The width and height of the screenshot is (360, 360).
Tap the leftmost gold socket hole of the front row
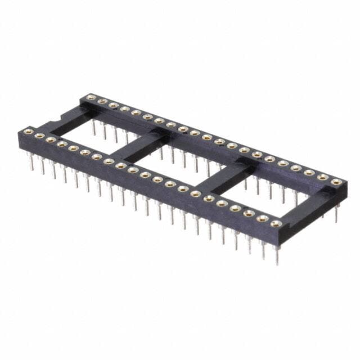28,132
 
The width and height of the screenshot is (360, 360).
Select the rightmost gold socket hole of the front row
276,223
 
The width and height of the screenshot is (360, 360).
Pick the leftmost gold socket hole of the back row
91,97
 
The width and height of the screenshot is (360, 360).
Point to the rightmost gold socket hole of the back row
336,182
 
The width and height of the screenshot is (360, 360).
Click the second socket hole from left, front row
39,136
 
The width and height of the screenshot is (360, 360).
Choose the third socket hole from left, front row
51,139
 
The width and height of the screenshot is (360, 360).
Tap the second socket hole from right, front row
262,218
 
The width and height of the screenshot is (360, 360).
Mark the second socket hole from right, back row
323,177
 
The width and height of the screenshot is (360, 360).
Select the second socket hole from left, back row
102,101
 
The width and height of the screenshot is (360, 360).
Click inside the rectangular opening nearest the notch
96,134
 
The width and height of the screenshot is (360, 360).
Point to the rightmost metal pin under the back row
336,214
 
